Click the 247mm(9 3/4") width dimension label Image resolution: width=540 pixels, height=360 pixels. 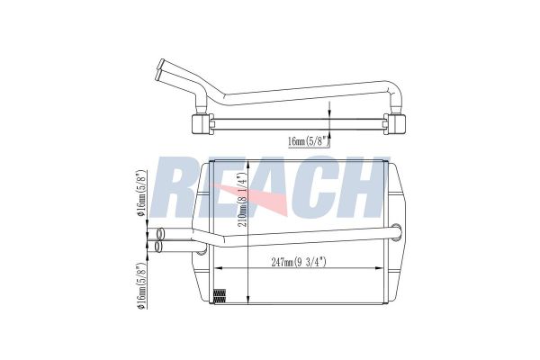point(299,262)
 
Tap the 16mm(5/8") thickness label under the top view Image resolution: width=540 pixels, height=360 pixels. point(309,141)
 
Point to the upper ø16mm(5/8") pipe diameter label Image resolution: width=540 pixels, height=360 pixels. point(141,193)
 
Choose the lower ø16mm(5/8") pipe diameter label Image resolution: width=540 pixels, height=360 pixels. point(141,285)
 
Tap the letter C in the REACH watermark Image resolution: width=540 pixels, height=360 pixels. point(307,187)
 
